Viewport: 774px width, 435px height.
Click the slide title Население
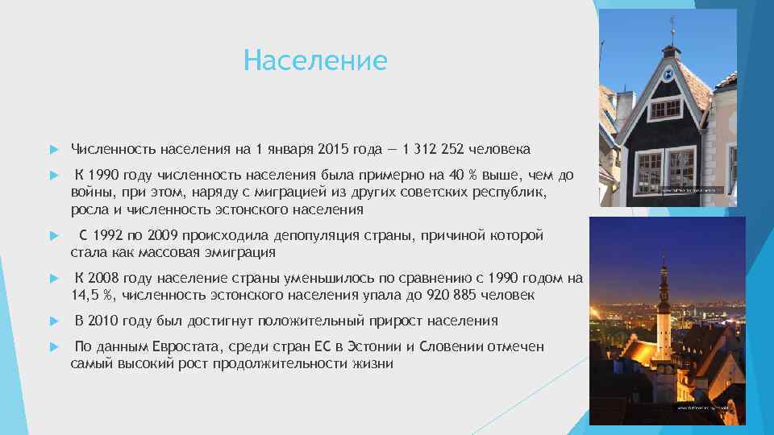(315, 60)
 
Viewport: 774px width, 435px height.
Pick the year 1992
(110, 236)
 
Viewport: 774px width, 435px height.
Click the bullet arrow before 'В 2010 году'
(52, 321)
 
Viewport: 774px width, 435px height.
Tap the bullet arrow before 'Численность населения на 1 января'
(52, 149)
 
